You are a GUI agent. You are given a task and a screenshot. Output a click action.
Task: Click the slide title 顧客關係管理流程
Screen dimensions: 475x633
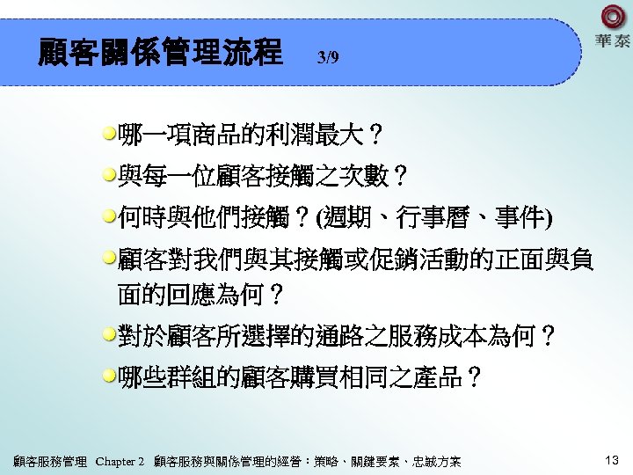pos(160,52)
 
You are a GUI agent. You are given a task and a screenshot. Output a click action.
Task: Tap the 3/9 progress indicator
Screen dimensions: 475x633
pos(327,58)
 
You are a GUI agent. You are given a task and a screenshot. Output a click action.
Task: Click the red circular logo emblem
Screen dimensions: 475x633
pos(613,17)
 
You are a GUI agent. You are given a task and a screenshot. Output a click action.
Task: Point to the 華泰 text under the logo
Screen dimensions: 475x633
pos(613,41)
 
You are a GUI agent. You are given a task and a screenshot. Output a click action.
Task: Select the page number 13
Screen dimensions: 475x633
pos(612,460)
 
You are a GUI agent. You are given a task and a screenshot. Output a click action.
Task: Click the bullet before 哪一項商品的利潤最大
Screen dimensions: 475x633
pos(109,135)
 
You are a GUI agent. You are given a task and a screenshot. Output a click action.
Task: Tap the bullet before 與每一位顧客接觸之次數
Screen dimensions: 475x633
pos(109,175)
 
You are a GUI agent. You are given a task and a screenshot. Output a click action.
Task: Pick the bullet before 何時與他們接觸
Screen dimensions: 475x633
pos(109,216)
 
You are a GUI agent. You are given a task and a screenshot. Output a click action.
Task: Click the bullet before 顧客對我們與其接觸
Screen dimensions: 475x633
pos(109,258)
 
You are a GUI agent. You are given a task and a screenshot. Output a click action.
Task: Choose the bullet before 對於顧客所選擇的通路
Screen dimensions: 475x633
pos(109,335)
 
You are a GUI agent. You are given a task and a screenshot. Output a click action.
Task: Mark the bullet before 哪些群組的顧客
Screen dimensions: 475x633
pos(109,376)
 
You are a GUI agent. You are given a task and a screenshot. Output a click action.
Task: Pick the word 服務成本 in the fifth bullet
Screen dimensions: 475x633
pos(442,336)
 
